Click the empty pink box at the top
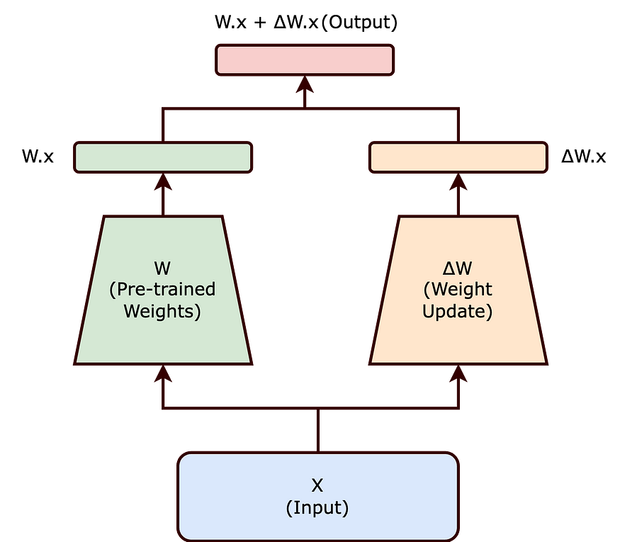pyautogui.click(x=305, y=60)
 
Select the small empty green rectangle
pyautogui.click(x=163, y=157)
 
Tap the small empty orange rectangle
pyautogui.click(x=458, y=157)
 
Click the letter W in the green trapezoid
pyautogui.click(x=162, y=269)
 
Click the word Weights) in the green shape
pyautogui.click(x=162, y=311)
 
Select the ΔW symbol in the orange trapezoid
pyautogui.click(x=458, y=269)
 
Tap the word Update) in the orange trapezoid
pyautogui.click(x=458, y=311)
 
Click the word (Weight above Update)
pyautogui.click(x=458, y=290)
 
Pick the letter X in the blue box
pyautogui.click(x=317, y=485)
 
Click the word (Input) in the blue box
pyautogui.click(x=317, y=507)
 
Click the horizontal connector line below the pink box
pyautogui.click(x=234, y=108)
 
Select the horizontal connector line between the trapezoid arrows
pyautogui.click(x=241, y=407)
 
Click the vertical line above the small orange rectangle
pyautogui.click(x=458, y=125)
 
